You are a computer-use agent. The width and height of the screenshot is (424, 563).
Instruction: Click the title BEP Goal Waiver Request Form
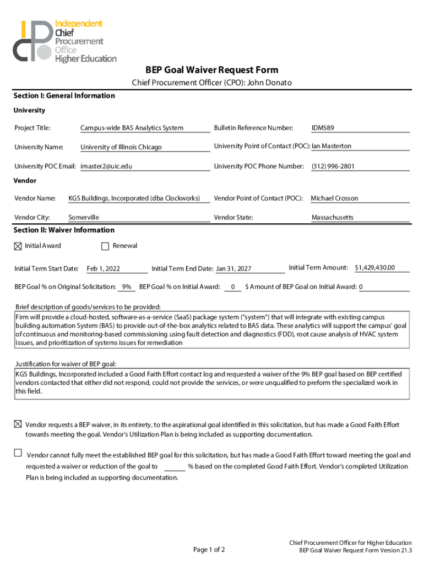[x=211, y=70]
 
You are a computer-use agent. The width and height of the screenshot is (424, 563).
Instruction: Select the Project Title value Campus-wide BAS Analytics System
[x=132, y=128]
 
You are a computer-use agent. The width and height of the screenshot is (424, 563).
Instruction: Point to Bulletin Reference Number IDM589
[x=323, y=128]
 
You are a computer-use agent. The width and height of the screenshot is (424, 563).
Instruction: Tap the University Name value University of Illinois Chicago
[x=121, y=147]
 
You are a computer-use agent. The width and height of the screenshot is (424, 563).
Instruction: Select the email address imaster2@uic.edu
[x=106, y=166]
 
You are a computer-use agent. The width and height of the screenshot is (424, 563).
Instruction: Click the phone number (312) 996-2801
[x=333, y=166]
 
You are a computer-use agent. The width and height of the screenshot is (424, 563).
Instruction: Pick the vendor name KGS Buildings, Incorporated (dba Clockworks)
[x=134, y=198]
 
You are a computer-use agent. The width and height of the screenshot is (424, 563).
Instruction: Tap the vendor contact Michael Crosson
[x=334, y=198]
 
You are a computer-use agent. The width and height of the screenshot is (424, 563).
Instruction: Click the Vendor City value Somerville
[x=84, y=218]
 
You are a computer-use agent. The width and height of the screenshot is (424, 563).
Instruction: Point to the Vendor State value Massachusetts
[x=333, y=218]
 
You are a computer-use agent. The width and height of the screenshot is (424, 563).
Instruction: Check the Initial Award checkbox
[x=18, y=246]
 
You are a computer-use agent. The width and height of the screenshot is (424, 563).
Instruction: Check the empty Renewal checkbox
[x=106, y=246]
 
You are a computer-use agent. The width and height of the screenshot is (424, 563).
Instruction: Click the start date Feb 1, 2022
[x=103, y=268]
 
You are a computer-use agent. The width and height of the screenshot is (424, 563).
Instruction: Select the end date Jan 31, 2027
[x=233, y=268]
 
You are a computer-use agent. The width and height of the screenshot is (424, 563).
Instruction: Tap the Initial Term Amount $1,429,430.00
[x=374, y=267]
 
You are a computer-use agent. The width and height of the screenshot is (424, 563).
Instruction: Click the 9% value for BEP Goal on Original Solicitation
[x=127, y=286]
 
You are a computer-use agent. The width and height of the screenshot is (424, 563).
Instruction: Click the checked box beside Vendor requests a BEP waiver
[x=18, y=424]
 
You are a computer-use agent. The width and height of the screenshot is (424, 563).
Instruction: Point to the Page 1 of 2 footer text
[x=209, y=549]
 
